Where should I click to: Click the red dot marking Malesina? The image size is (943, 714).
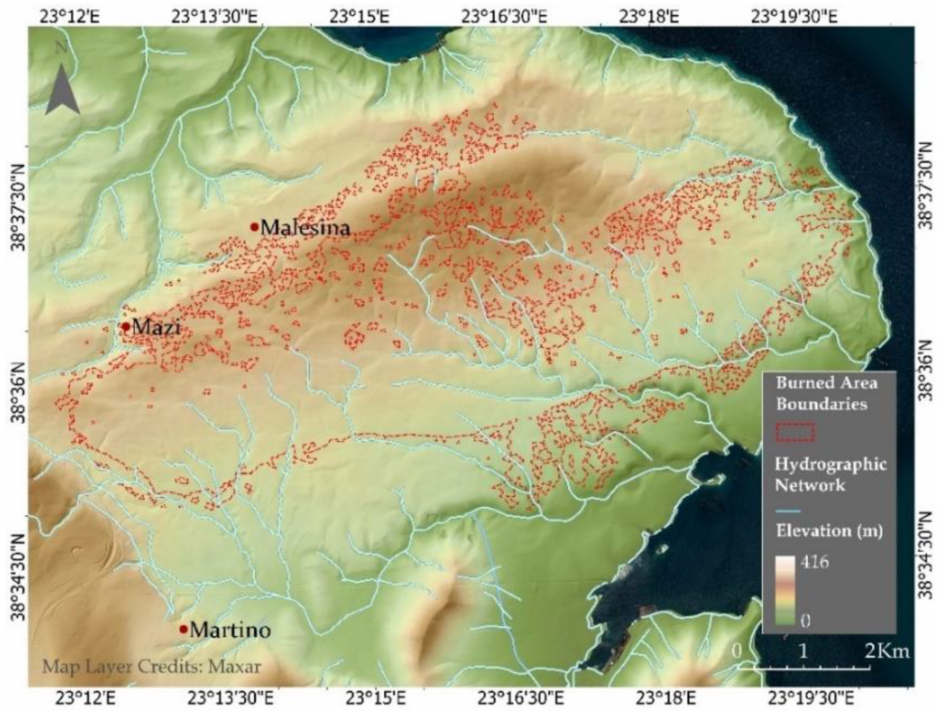point(254,227)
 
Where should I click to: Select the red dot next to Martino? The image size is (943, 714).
point(183,629)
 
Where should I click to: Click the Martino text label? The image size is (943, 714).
point(230,630)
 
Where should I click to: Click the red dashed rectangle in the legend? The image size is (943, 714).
point(795,432)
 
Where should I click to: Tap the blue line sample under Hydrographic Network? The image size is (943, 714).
point(788,510)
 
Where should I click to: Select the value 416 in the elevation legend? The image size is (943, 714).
point(815,562)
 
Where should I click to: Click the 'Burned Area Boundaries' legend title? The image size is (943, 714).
point(826,393)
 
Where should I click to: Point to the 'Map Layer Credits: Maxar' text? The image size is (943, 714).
point(152,666)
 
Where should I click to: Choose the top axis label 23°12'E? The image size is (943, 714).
point(70,17)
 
